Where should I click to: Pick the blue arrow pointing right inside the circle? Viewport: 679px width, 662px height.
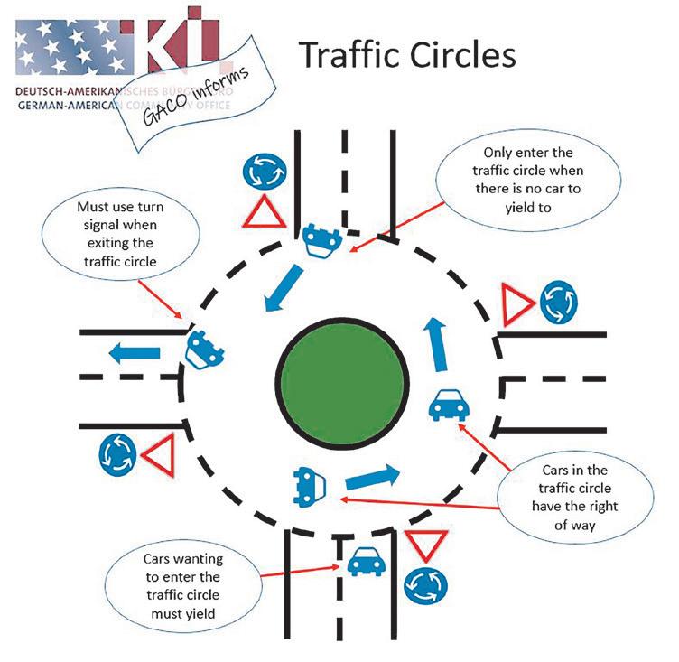coord(372,476)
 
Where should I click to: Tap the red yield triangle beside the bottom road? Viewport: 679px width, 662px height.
coord(421,546)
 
